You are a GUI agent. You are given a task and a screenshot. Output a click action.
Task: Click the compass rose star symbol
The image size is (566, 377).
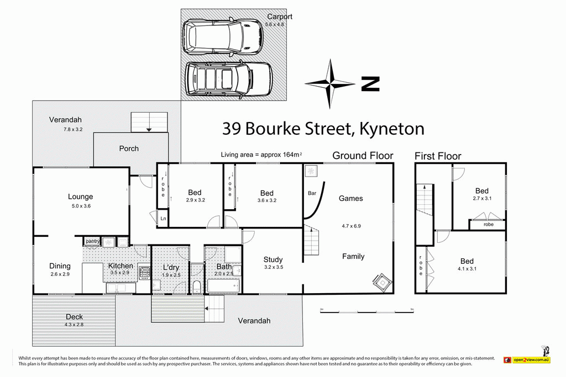point(330,84)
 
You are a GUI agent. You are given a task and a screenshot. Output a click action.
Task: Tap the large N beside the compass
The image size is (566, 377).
point(370,84)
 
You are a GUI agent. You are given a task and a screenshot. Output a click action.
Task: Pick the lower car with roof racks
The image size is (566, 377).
point(229,79)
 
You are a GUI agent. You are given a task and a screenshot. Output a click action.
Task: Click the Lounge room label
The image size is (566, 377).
point(80,197)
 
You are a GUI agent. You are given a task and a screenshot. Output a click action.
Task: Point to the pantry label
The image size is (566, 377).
point(92,241)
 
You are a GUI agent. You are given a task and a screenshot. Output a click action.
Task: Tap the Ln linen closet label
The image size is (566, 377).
point(163,219)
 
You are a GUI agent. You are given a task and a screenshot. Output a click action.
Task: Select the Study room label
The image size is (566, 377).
point(273,259)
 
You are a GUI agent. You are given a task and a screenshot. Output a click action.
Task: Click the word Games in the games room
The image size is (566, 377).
point(351,198)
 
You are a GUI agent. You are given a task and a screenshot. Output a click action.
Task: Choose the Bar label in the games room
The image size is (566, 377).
point(312,194)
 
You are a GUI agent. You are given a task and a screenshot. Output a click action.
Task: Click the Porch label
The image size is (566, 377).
point(129,148)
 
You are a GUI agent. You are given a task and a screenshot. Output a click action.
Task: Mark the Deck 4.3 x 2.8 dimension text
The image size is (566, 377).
point(74,324)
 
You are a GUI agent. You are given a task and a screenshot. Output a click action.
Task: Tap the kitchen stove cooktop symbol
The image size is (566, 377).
point(144,272)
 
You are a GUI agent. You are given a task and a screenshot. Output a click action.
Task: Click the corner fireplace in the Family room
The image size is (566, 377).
point(382,282)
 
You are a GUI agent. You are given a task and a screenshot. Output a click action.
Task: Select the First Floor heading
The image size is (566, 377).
point(438,156)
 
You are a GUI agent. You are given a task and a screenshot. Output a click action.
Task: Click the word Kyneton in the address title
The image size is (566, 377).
point(391,129)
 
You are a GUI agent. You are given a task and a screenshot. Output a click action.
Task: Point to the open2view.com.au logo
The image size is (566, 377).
point(527,359)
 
